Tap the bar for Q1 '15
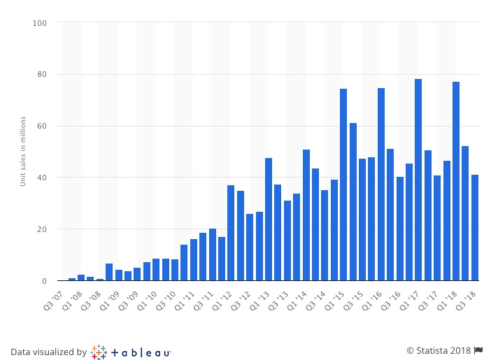click(x=343, y=185)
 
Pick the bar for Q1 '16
click(x=381, y=185)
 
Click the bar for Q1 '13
click(x=269, y=219)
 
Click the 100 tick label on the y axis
click(x=39, y=23)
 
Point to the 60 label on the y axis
click(x=41, y=127)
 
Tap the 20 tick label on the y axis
click(x=41, y=229)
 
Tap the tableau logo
click(x=131, y=352)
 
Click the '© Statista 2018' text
click(x=439, y=350)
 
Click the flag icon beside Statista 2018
click(x=479, y=350)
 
